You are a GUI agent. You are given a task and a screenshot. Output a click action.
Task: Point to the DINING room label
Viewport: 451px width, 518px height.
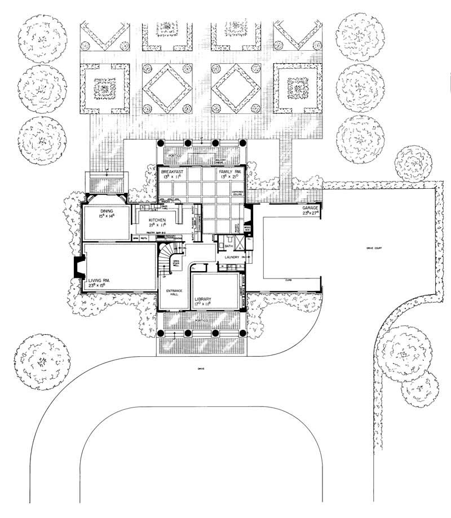tap(100, 211)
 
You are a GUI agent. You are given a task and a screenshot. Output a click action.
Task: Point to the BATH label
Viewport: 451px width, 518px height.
tap(229, 246)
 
